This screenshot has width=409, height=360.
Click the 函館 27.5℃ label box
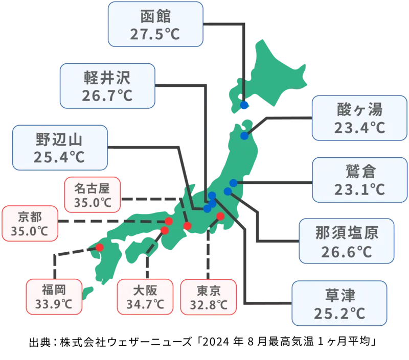pyautogui.click(x=156, y=24)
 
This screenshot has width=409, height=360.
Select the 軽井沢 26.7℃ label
pyautogui.click(x=107, y=86)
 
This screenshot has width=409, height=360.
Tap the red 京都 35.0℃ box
pyautogui.click(x=29, y=223)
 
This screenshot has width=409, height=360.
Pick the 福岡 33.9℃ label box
pyautogui.click(x=53, y=298)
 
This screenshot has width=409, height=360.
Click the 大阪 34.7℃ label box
pyautogui.click(x=145, y=298)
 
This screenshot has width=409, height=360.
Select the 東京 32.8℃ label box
pyautogui.click(x=208, y=298)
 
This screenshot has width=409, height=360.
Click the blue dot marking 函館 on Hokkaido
pyautogui.click(x=244, y=105)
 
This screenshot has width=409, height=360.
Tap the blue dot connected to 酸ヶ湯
pyautogui.click(x=245, y=136)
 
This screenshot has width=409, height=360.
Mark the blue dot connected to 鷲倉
pyautogui.click(x=233, y=183)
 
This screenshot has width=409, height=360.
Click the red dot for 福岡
pyautogui.click(x=99, y=248)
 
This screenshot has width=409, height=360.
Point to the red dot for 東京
pyautogui.click(x=220, y=217)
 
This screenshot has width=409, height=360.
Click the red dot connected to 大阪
pyautogui.click(x=164, y=230)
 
